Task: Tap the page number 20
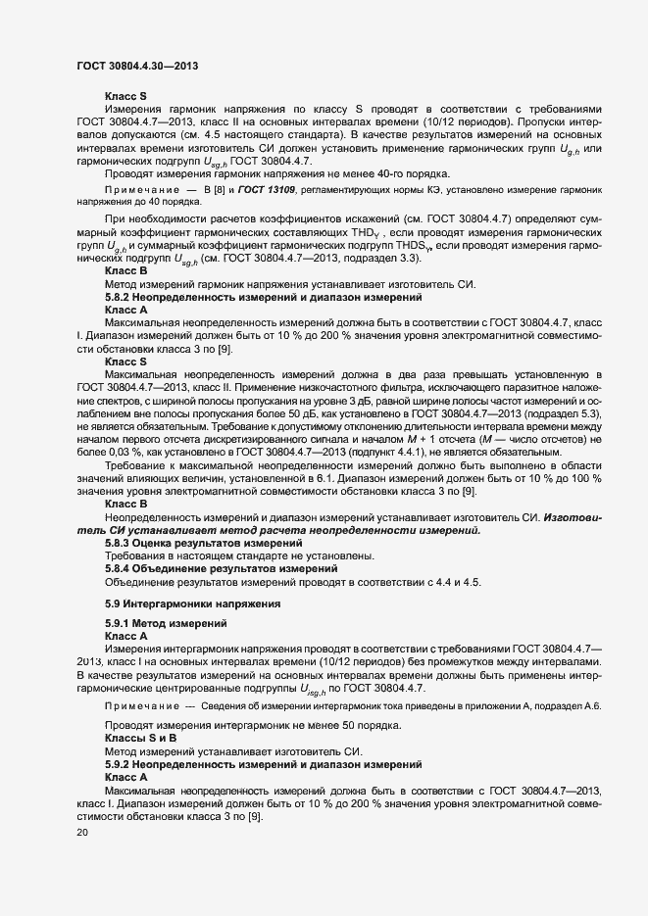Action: pyautogui.click(x=82, y=833)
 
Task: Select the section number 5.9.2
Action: pyautogui.click(x=121, y=762)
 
